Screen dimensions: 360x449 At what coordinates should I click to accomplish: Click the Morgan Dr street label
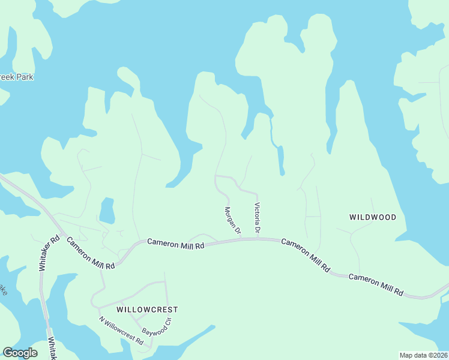232,220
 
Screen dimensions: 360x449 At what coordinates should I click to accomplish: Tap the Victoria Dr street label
257,218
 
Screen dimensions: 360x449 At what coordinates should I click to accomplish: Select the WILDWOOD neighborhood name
373,217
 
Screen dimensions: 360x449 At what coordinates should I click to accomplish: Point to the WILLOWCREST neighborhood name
147,310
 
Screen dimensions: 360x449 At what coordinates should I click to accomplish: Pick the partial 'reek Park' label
16,77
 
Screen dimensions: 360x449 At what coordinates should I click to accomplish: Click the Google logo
20,353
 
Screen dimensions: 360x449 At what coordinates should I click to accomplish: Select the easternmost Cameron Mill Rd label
376,284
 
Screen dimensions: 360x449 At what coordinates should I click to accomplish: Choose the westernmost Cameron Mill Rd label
90,253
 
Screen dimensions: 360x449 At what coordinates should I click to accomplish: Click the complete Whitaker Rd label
49,252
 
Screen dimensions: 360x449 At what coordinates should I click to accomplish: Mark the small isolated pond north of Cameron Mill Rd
107,211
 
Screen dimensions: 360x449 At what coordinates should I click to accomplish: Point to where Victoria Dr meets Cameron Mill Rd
258,237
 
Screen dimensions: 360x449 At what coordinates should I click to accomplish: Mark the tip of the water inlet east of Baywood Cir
213,327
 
